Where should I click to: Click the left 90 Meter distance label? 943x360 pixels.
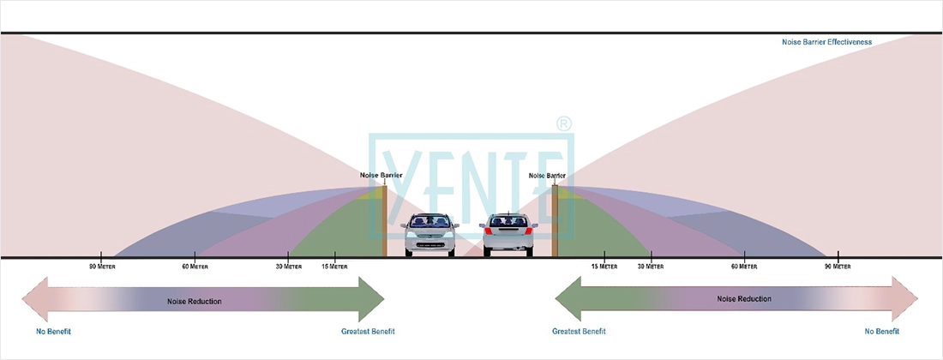click(102, 267)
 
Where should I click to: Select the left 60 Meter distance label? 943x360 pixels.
click(195, 267)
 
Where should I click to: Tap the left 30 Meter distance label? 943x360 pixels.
click(289, 267)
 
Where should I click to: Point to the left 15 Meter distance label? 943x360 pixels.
click(335, 267)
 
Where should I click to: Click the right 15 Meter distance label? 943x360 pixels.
click(604, 267)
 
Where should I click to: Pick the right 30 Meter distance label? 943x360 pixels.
click(651, 267)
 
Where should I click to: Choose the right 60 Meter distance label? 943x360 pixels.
click(744, 267)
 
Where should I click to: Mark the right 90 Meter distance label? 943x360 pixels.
click(837, 267)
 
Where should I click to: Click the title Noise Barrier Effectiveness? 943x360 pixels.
click(826, 41)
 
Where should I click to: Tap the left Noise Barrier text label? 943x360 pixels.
click(381, 175)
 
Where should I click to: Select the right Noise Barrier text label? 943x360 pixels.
click(547, 175)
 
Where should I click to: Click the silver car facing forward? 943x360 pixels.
click(429, 234)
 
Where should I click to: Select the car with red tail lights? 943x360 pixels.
click(509, 234)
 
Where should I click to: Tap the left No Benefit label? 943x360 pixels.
click(53, 331)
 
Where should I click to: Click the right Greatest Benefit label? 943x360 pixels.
click(579, 331)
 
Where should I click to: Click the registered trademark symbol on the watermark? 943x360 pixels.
click(563, 123)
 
